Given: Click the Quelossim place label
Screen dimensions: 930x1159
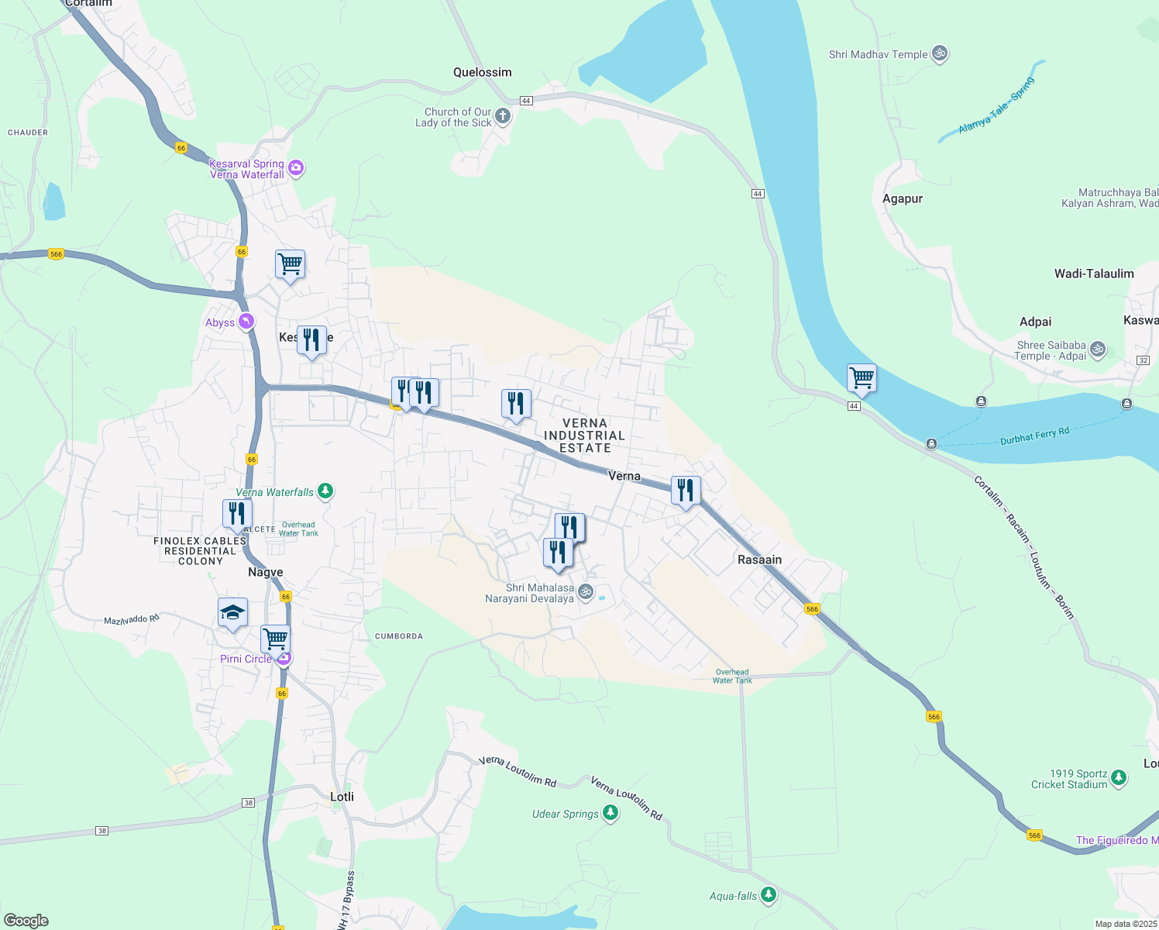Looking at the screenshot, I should pyautogui.click(x=482, y=72).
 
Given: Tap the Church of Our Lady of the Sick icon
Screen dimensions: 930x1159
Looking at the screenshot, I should pyautogui.click(x=503, y=117).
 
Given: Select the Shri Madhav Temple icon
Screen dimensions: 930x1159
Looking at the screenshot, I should pyautogui.click(x=940, y=53).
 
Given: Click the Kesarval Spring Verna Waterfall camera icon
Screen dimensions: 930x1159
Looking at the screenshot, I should pyautogui.click(x=295, y=168).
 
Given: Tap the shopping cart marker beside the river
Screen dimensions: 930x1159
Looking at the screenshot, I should pyautogui.click(x=862, y=379).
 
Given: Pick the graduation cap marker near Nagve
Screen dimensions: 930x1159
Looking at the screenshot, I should pyautogui.click(x=232, y=613).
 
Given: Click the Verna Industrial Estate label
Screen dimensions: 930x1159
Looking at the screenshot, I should pyautogui.click(x=585, y=436).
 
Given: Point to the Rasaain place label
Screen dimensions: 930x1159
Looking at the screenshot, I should pyautogui.click(x=759, y=560).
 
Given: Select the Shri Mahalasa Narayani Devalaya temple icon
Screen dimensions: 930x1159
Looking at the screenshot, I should pyautogui.click(x=586, y=592).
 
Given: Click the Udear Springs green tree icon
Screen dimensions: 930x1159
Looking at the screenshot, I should pyautogui.click(x=610, y=813).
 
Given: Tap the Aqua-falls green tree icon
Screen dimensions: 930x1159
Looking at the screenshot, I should pyautogui.click(x=768, y=895).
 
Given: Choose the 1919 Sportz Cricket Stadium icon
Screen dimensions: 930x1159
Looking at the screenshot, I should pyautogui.click(x=1118, y=778).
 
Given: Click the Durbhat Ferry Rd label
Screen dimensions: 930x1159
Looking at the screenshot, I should pyautogui.click(x=1034, y=436).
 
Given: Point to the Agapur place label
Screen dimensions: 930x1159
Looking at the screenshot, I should pyautogui.click(x=903, y=198).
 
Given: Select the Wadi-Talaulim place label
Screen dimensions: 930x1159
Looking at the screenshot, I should pyautogui.click(x=1093, y=274).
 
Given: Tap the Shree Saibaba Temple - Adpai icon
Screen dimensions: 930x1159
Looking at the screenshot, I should pyautogui.click(x=1097, y=350).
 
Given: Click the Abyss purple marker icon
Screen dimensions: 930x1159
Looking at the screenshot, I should pyautogui.click(x=246, y=322).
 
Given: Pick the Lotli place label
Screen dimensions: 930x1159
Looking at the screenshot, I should pyautogui.click(x=342, y=797).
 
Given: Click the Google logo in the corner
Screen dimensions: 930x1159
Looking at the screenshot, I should pyautogui.click(x=26, y=921).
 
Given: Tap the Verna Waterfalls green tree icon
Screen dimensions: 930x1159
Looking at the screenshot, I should pyautogui.click(x=325, y=491).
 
